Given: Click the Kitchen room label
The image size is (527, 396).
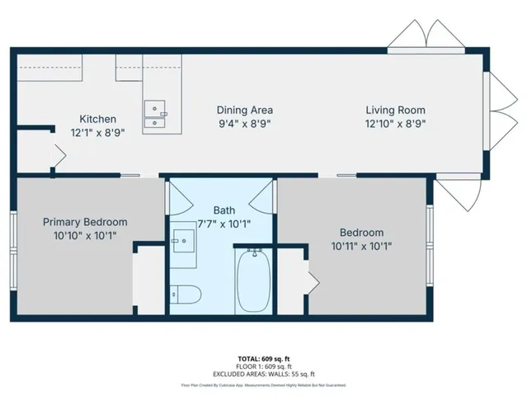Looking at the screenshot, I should pyautogui.click(x=97, y=119).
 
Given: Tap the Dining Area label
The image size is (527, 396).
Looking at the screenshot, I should pyautogui.click(x=244, y=110).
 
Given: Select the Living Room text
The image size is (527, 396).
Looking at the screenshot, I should pyautogui.click(x=396, y=110).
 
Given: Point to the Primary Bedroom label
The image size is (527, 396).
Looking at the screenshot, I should pyautogui.click(x=85, y=221).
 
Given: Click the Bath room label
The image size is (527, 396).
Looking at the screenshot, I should pyautogui.click(x=224, y=210).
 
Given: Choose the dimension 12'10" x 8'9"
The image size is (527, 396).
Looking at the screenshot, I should pyautogui.click(x=396, y=123).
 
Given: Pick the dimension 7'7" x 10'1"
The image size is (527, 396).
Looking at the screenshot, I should pyautogui.click(x=224, y=223).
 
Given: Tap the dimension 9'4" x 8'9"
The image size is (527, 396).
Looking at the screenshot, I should pyautogui.click(x=244, y=123).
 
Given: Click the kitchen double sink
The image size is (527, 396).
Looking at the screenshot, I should pyautogui.click(x=154, y=116).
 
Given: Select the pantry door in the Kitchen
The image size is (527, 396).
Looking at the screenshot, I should pyautogui.click(x=57, y=153).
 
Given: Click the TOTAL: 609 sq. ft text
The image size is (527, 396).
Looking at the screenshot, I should pyautogui.click(x=263, y=358).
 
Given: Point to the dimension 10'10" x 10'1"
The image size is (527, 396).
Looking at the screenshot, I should pyautogui.click(x=85, y=234).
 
